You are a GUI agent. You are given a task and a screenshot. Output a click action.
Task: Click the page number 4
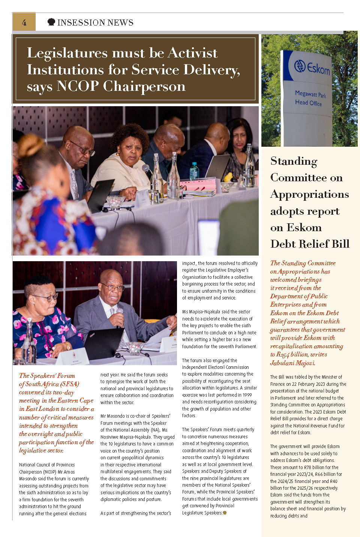point(24,23)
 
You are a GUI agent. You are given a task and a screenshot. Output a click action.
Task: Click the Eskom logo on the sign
point(312,67)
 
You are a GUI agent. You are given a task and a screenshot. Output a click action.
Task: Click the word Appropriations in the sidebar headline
point(309,194)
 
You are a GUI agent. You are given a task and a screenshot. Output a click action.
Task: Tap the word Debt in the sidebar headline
point(284,244)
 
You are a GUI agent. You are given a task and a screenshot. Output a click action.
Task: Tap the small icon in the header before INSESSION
point(51,22)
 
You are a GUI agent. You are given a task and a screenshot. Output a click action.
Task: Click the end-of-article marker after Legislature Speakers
point(225,513)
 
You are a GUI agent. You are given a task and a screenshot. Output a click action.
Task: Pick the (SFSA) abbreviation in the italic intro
point(69,384)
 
